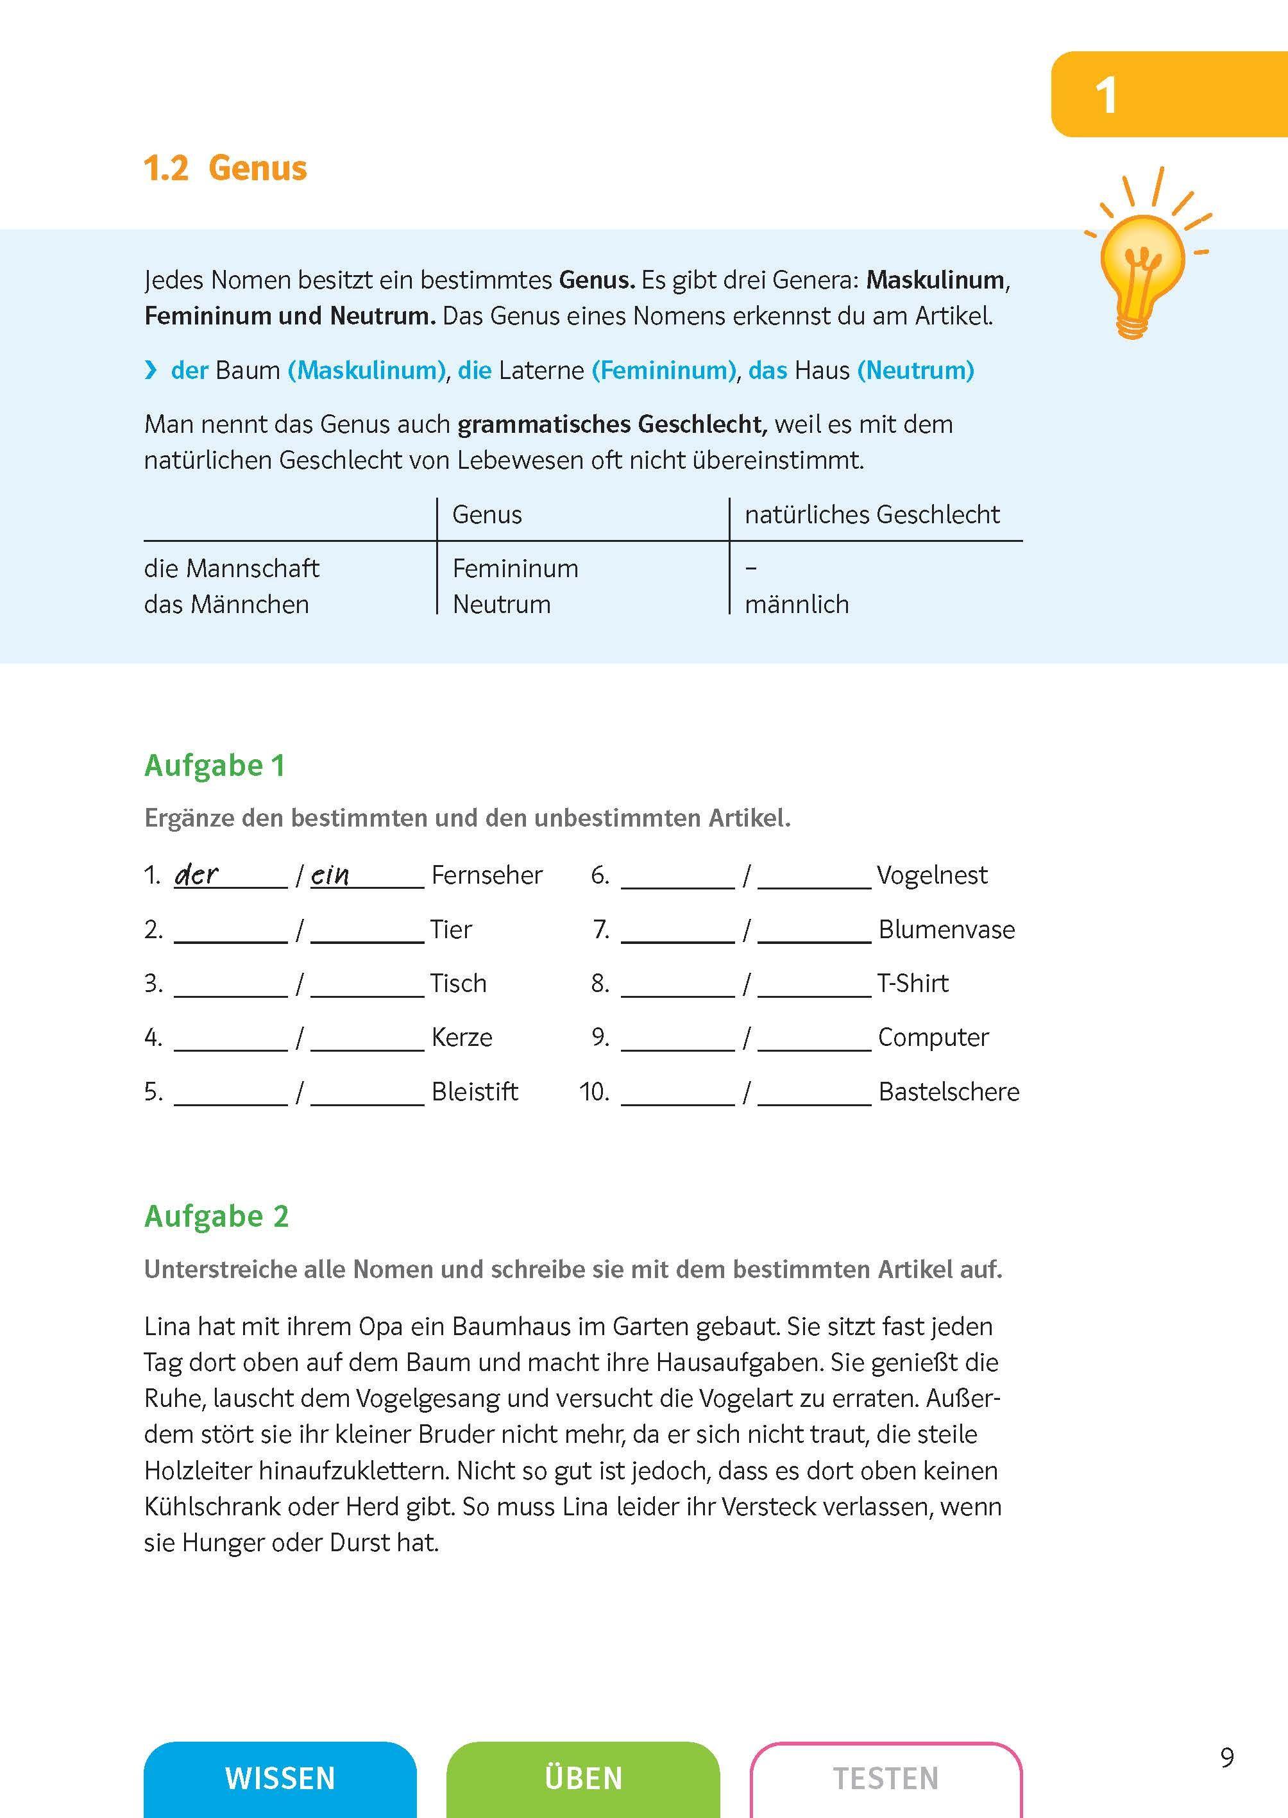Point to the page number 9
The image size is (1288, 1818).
tap(1227, 1758)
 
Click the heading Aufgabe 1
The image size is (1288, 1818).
tap(214, 766)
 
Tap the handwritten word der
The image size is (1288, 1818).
tap(196, 875)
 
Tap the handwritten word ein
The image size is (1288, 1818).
tap(330, 875)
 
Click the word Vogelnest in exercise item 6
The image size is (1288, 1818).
tap(932, 875)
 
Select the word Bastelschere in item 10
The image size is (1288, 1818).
tap(949, 1091)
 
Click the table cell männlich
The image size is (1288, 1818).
tap(796, 604)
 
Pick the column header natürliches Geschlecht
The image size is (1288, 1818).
tap(872, 514)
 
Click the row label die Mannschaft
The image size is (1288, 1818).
tap(232, 568)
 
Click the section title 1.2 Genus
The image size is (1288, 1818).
tap(225, 168)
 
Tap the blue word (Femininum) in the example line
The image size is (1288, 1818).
tap(664, 370)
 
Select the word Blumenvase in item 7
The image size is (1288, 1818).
tap(946, 929)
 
